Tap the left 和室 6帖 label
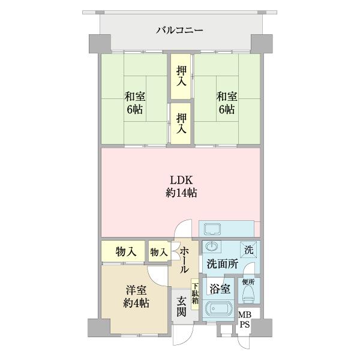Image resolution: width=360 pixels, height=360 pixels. point(134,103)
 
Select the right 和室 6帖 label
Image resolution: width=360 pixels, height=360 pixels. point(226,103)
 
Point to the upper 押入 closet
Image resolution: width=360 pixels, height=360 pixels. point(181,76)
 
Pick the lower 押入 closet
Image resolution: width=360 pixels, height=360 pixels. point(181,123)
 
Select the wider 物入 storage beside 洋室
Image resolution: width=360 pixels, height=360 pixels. point(123,251)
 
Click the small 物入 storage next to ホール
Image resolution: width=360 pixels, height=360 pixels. point(158,252)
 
